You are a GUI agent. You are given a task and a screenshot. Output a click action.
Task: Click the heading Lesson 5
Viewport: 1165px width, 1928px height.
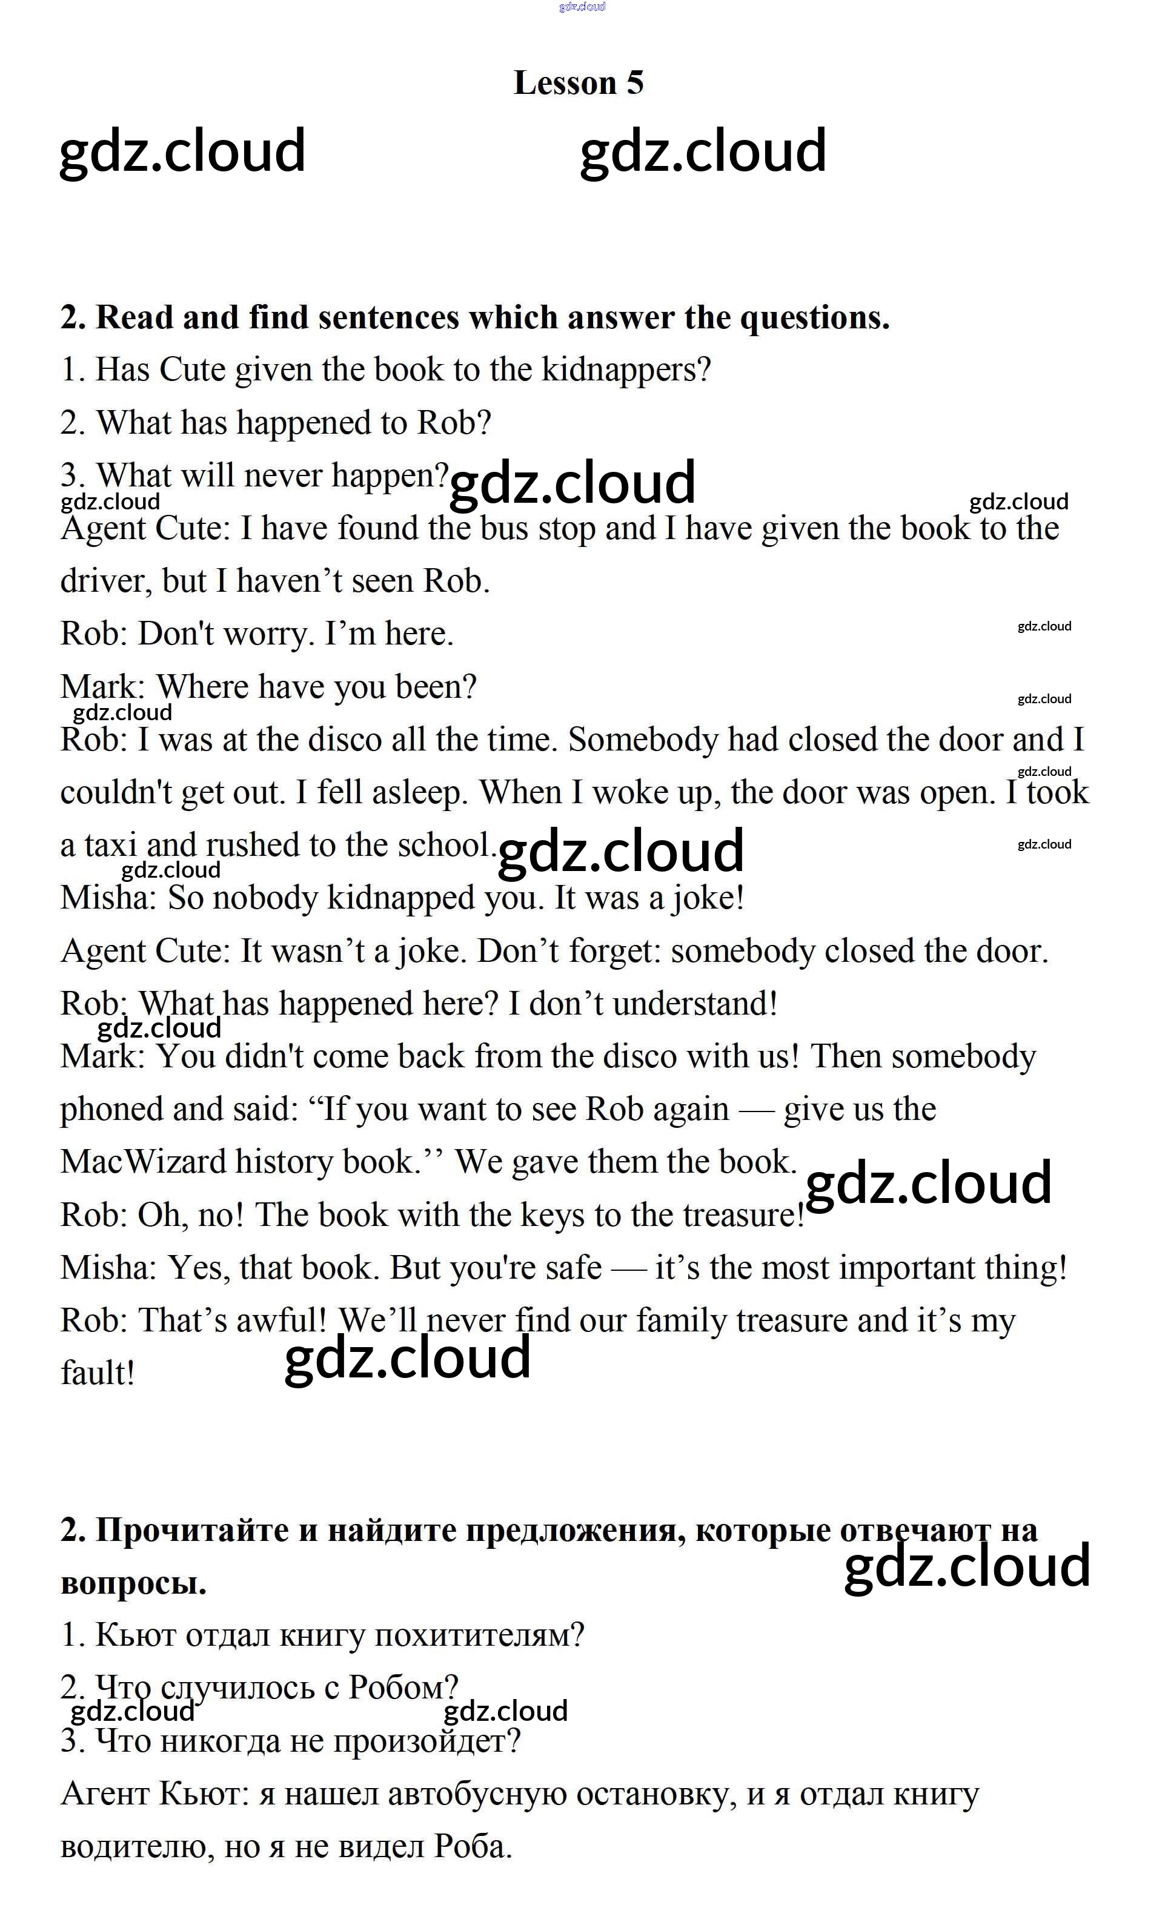[578, 83]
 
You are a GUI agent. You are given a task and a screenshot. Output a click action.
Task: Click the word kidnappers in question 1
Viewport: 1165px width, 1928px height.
[625, 369]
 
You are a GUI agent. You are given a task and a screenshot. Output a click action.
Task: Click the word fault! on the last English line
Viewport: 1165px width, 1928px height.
[98, 1373]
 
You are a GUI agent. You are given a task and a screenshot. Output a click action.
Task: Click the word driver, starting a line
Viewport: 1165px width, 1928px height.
[107, 581]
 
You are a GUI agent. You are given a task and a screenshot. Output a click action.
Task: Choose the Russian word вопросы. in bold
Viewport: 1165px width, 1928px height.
[133, 1583]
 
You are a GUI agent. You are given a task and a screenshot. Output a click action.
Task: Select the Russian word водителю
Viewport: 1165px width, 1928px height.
[137, 1847]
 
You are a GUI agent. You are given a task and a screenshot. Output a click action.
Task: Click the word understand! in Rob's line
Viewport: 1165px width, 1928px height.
[695, 1004]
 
